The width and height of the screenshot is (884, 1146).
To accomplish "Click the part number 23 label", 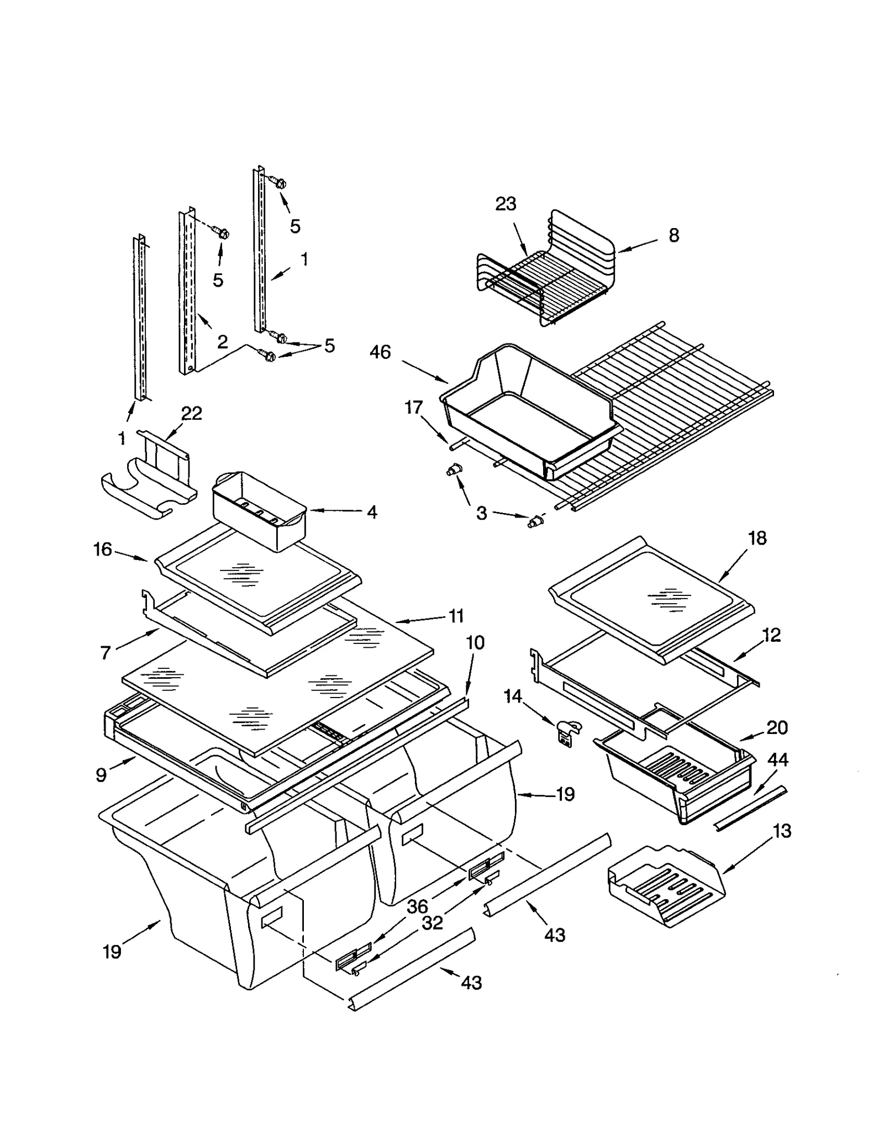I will (505, 204).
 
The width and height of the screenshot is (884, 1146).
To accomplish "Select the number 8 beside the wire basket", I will (673, 235).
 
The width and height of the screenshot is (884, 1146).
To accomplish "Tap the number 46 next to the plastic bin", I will (380, 352).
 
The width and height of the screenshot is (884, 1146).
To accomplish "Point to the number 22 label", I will (191, 413).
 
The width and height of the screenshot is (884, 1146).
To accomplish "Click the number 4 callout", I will (372, 512).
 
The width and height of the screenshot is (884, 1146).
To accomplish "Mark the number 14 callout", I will (513, 696).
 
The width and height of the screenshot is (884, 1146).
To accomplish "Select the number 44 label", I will (777, 760).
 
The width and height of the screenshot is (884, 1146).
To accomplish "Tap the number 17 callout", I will (413, 407).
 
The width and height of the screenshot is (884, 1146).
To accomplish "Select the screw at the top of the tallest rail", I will (280, 183).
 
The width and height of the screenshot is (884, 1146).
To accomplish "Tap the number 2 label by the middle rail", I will (222, 342).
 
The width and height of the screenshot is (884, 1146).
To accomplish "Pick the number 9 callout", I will (101, 775).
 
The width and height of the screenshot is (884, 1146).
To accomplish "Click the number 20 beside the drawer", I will (776, 727).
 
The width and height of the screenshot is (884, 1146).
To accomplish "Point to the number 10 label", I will (475, 642).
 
